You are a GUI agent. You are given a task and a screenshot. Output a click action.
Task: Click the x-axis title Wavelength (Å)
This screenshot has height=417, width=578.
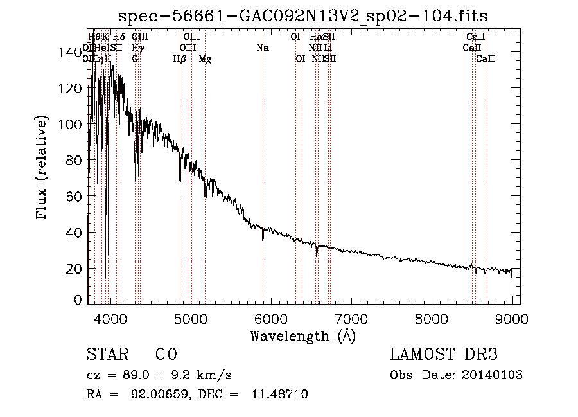click(302, 335)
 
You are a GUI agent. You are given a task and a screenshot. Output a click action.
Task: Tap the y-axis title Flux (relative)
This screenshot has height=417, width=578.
click(42, 168)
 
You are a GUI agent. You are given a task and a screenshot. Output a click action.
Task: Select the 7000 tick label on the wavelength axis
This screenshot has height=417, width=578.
click(351, 317)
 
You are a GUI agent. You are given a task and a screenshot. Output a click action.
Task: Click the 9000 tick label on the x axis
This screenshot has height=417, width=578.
click(512, 317)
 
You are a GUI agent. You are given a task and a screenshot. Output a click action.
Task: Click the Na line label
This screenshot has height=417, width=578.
click(262, 48)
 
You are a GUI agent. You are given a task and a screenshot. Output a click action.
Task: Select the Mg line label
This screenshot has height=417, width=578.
click(205, 59)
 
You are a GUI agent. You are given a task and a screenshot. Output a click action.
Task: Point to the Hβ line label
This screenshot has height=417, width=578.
click(180, 59)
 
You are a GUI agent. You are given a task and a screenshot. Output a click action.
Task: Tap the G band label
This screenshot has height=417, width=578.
click(135, 59)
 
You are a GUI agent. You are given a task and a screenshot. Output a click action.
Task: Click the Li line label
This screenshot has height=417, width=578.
click(328, 48)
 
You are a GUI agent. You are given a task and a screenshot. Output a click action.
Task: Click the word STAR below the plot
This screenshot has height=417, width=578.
click(107, 355)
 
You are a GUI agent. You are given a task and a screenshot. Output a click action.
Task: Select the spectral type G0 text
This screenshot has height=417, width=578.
click(166, 355)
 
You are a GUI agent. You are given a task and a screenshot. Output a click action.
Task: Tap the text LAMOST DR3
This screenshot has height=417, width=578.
click(444, 355)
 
